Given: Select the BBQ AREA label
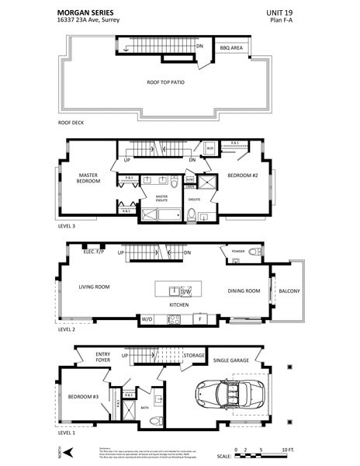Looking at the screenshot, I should pos(231,48).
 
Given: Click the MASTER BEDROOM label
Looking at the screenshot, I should pos(89,178).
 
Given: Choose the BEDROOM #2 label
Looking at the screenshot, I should pos(243,176).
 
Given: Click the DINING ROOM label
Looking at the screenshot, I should pos(244,291).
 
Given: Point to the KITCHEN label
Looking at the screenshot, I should pos(180,305).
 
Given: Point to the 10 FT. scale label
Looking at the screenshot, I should pos(288,450).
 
